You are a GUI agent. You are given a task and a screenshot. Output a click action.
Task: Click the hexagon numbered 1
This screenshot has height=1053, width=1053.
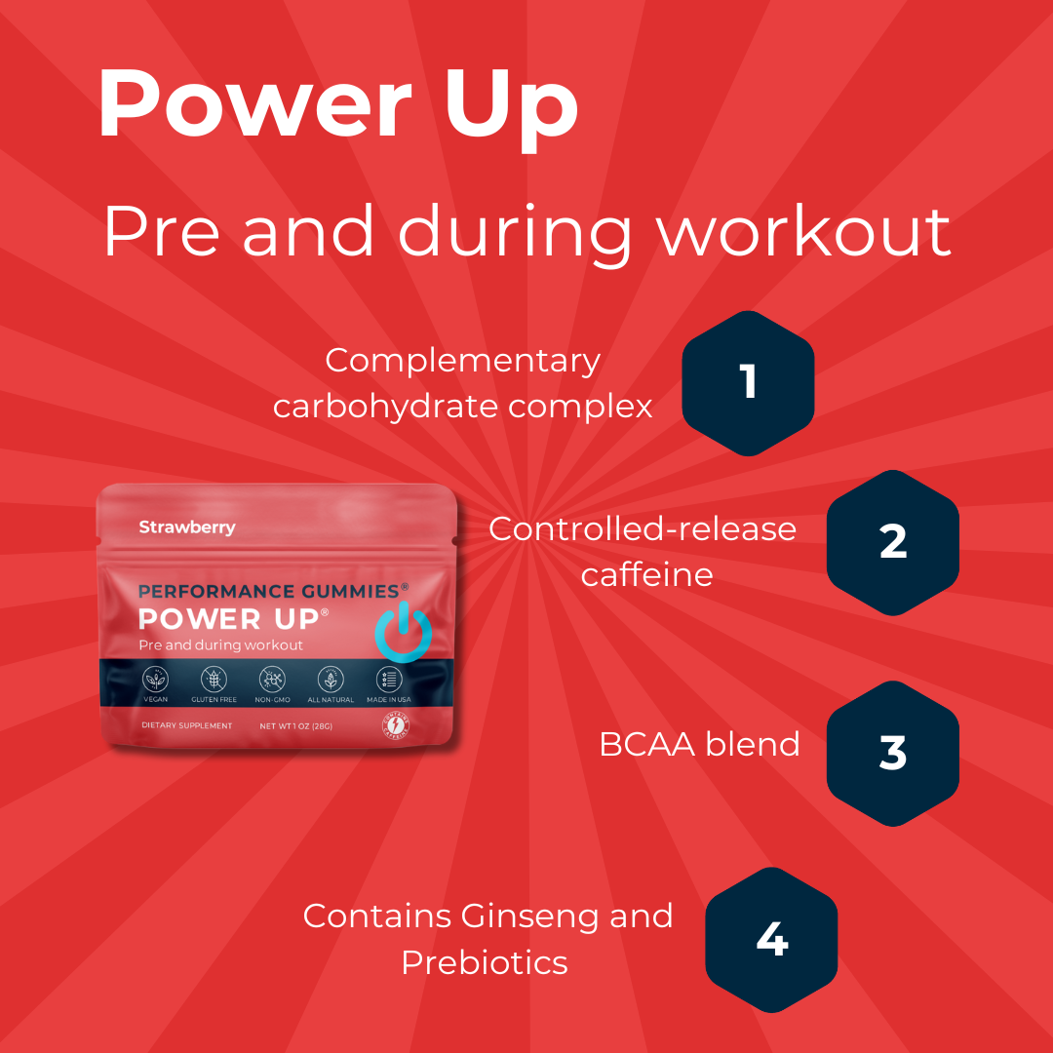coord(748,382)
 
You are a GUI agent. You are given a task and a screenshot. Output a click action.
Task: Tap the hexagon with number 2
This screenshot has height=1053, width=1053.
coord(892,542)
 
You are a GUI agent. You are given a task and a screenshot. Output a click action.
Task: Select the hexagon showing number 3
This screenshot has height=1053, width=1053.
coord(892,753)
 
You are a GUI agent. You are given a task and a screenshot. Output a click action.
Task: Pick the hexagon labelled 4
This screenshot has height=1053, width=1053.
coord(771,940)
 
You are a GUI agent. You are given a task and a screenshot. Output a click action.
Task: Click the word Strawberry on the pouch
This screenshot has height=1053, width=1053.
coord(187,527)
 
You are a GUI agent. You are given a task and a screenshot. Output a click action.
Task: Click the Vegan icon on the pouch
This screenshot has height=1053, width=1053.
coord(156,680)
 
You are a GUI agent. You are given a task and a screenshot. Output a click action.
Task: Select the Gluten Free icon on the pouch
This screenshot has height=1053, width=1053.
coord(214,680)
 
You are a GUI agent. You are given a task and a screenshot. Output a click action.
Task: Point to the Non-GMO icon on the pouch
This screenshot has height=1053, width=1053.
coord(272,680)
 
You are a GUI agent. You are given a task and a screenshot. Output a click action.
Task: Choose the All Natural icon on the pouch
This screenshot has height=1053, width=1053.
coord(331,680)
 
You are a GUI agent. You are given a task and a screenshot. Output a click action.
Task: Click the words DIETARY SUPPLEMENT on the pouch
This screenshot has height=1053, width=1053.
coord(187,726)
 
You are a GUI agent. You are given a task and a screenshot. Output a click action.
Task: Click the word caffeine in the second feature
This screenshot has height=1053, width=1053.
coord(646,574)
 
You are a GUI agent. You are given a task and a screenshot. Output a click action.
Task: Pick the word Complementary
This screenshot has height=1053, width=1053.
coord(462,361)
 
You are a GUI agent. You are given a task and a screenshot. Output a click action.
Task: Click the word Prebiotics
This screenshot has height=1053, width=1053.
coord(485,963)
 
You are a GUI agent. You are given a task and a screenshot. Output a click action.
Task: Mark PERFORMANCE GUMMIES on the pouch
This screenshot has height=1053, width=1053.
coord(268,591)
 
